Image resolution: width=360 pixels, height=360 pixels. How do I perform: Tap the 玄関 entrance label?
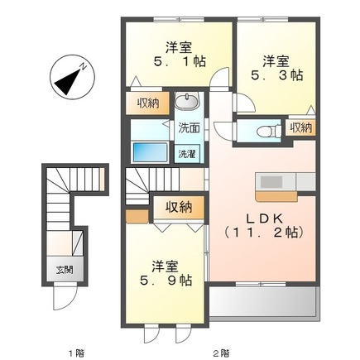point(64,270)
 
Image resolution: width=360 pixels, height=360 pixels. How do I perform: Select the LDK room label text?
point(258,218)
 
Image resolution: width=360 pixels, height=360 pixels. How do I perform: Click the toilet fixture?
point(264,130)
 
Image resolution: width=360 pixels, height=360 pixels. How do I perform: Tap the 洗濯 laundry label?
point(188,154)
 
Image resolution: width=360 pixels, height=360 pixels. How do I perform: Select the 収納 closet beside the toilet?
point(300,127)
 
